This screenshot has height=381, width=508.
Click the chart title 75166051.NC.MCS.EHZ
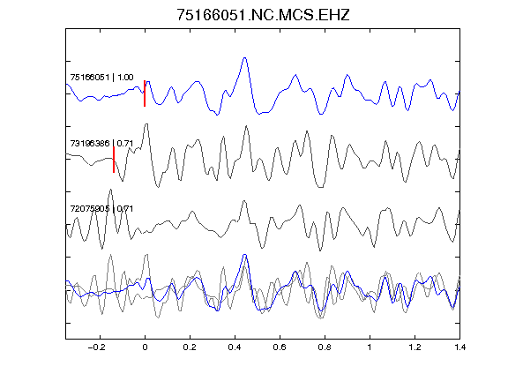pyautogui.click(x=263, y=15)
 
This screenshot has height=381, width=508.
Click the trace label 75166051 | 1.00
pyautogui.click(x=101, y=78)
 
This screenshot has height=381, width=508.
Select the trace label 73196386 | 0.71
pyautogui.click(x=101, y=143)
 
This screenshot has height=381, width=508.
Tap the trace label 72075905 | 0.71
pyautogui.click(x=101, y=209)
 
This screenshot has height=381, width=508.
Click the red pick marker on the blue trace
pyautogui.click(x=145, y=93)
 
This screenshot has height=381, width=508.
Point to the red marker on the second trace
pyautogui.click(x=114, y=160)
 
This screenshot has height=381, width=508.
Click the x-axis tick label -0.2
pyautogui.click(x=97, y=347)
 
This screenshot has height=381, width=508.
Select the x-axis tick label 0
pyautogui.click(x=145, y=347)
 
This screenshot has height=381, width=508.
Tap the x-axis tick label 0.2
pyautogui.click(x=190, y=347)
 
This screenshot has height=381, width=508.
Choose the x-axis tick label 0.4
pyautogui.click(x=235, y=347)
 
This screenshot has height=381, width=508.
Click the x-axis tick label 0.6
pyautogui.click(x=280, y=347)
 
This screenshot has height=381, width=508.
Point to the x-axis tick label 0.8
pyautogui.click(x=325, y=347)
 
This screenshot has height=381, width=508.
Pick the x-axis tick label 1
pyautogui.click(x=370, y=347)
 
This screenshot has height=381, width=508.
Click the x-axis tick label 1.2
pyautogui.click(x=415, y=347)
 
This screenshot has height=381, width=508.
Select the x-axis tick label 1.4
pyautogui.click(x=459, y=347)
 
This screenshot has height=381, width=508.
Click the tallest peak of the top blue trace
pyautogui.click(x=245, y=58)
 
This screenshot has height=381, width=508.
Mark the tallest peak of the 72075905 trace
pyautogui.click(x=110, y=190)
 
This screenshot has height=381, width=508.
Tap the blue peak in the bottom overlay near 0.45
pyautogui.click(x=245, y=255)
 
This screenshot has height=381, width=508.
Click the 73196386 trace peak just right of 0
pyautogui.click(x=146, y=124)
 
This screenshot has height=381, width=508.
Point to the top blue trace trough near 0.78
pyautogui.click(x=321, y=114)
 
